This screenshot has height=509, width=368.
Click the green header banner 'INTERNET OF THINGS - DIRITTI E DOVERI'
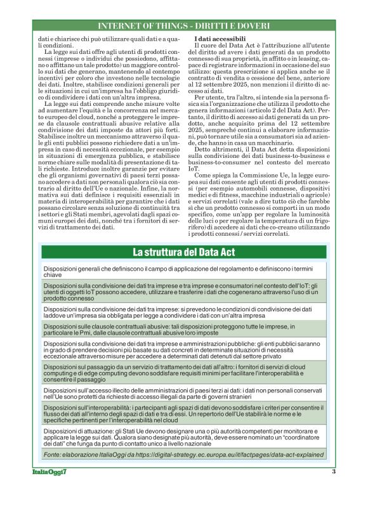(183, 26)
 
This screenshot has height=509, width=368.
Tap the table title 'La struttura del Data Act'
(183, 252)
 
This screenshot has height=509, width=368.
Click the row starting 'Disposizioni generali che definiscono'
(183, 273)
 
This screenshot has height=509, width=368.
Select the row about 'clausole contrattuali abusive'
(183, 330)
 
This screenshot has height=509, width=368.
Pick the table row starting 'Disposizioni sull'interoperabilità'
(183, 415)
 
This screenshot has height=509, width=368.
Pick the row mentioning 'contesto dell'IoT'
(183, 292)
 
